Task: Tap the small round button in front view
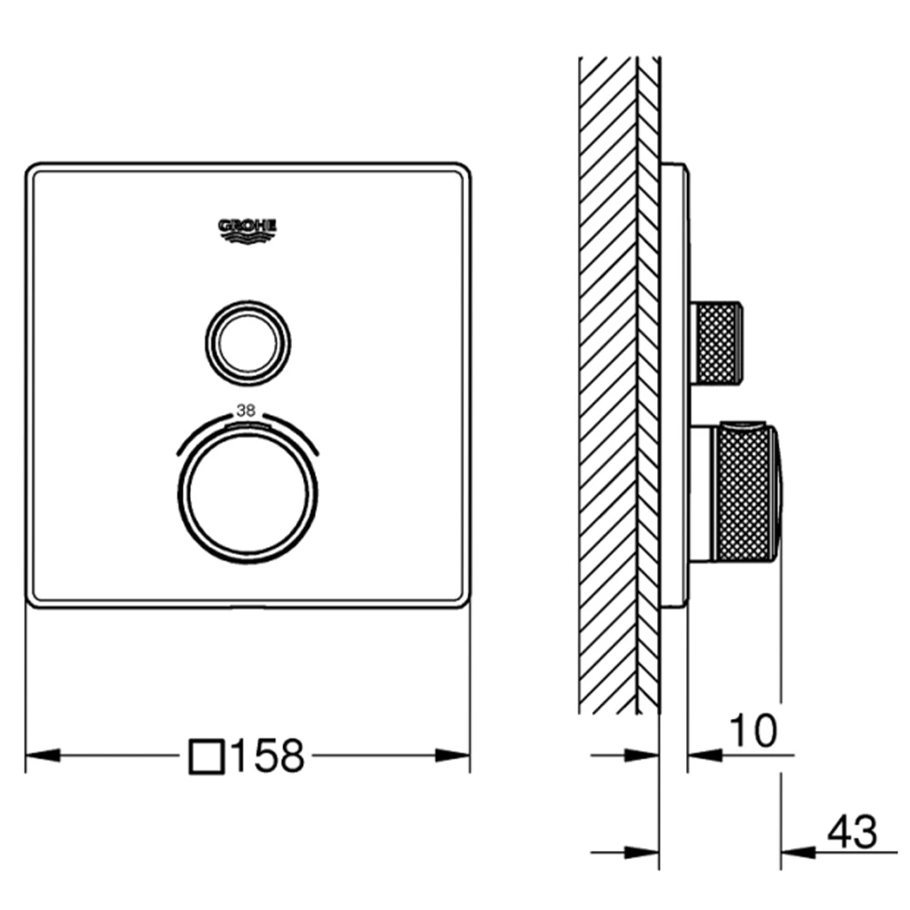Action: pos(248,343)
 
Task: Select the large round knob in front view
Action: pos(248,493)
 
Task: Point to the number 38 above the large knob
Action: pos(246,410)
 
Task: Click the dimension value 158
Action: pos(268,755)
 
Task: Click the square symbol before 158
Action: pos(207,756)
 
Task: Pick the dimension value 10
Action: pos(753,731)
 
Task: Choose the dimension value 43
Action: pos(852,832)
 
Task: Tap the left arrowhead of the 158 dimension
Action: pos(43,755)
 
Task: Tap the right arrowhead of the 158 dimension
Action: pos(452,755)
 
